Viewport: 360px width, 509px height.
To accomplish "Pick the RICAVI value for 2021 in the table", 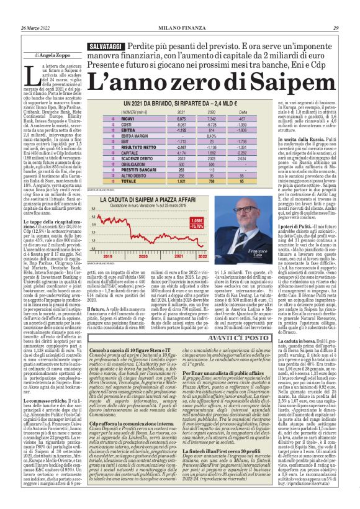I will (164, 118).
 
